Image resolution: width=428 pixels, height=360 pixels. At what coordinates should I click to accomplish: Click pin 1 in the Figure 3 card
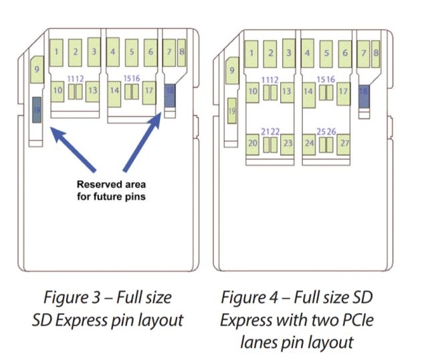58,51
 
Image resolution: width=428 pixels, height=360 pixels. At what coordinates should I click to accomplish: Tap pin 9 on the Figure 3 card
36,70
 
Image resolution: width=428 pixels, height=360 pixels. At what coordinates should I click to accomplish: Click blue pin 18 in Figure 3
171,97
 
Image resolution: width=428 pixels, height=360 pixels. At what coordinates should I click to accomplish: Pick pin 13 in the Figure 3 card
92,90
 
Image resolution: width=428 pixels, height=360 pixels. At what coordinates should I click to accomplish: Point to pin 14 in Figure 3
114,90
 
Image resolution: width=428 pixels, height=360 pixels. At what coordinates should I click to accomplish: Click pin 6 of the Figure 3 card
150,51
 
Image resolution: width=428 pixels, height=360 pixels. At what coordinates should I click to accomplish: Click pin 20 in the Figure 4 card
252,143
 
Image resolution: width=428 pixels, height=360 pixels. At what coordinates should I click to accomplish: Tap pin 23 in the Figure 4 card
288,143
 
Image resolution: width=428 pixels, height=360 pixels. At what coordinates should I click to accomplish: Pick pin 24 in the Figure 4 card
309,143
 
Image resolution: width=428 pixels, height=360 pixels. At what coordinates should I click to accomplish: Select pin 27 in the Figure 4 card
344,143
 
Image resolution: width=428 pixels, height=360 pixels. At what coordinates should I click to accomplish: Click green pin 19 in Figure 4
231,109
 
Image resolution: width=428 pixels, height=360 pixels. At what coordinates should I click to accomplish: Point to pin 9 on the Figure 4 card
231,70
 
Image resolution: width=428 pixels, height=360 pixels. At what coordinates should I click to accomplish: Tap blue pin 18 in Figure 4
364,95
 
